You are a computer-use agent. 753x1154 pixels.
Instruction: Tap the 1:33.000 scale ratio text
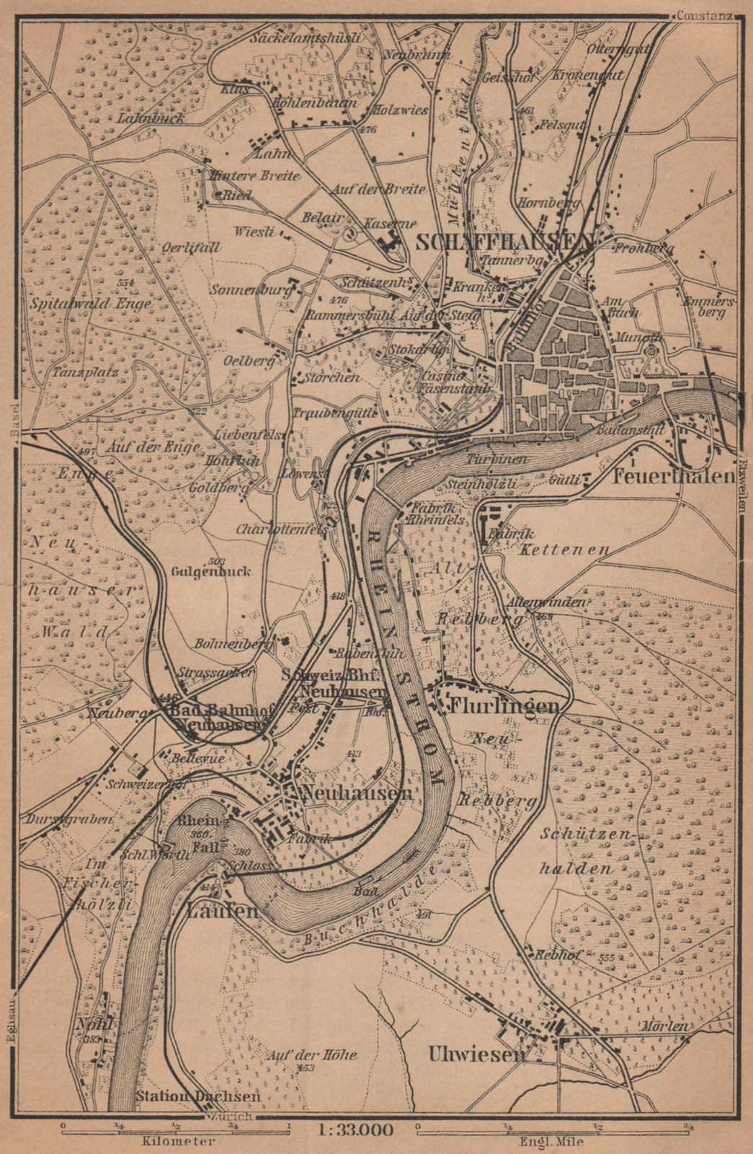coord(355,1129)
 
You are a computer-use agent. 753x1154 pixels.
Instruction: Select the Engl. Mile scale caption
coord(551,1142)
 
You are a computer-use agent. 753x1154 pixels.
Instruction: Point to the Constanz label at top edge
coord(704,14)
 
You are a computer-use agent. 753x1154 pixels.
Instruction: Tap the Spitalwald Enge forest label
coord(91,304)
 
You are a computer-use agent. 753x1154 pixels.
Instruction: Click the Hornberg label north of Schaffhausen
coord(558,203)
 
